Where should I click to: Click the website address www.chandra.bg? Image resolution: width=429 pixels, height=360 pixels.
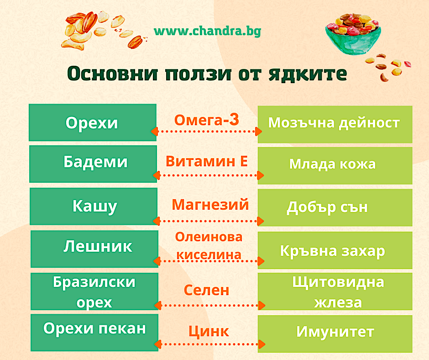207,31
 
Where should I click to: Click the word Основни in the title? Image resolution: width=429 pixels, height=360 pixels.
112,74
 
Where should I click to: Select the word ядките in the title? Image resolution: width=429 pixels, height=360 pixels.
308,74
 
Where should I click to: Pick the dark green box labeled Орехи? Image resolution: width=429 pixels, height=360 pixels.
93,122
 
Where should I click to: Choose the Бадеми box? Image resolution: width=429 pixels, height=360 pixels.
93,164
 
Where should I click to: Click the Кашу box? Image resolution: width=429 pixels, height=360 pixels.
94,206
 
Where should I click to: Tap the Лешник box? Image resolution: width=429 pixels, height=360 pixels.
94,249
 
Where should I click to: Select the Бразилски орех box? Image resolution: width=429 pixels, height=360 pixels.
94,291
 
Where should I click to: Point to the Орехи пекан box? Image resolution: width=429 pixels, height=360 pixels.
94,333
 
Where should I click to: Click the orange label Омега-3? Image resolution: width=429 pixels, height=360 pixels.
207,120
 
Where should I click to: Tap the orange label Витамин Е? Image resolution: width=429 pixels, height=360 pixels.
207,161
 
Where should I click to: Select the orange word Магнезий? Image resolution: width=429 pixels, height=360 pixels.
210,204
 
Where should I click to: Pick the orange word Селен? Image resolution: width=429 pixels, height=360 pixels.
206,290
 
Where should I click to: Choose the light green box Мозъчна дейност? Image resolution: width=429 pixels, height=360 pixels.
335,124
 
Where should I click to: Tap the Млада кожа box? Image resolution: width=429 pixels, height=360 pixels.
335,166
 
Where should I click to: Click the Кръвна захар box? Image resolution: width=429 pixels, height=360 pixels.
335,250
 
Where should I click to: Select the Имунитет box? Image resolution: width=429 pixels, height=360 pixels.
335,334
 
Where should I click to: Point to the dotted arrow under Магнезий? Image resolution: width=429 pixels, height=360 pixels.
208,221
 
